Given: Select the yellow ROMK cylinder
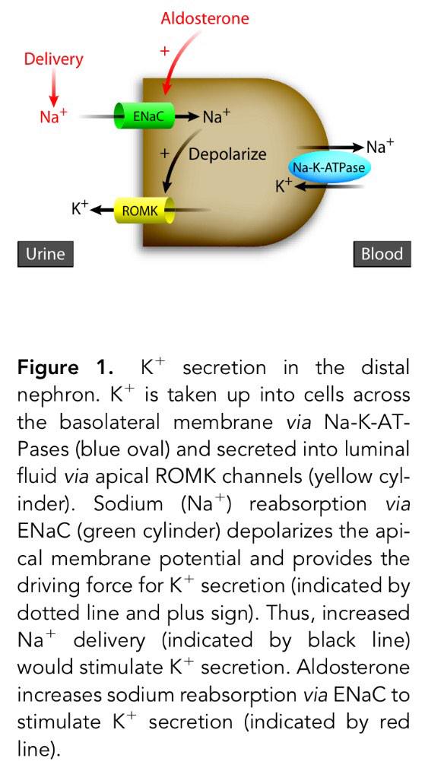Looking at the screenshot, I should [x=142, y=211].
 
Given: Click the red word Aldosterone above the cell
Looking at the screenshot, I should [x=204, y=17].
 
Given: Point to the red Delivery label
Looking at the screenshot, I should [x=53, y=59].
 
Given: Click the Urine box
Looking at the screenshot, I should [x=46, y=254].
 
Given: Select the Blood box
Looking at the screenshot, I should [x=382, y=254].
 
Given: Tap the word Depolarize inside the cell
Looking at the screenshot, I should [x=227, y=154].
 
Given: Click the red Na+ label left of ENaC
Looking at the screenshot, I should [x=52, y=117].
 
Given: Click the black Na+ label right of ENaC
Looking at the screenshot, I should [x=217, y=116].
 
